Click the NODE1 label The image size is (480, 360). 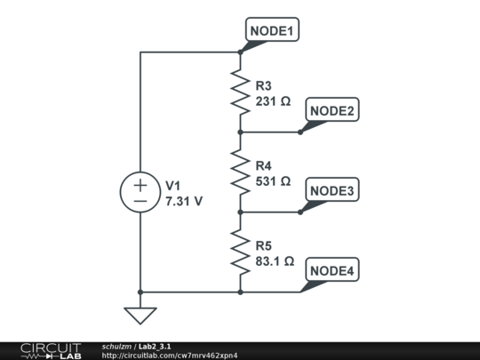tap(273, 31)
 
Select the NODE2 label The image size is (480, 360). tap(332, 111)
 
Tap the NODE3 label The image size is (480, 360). tap(332, 191)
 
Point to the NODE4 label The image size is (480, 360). tap(332, 271)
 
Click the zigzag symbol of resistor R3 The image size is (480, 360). tap(240, 92)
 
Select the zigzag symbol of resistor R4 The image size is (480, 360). tap(240, 172)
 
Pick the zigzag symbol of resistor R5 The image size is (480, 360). tap(240, 252)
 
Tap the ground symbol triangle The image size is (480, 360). tap(140, 315)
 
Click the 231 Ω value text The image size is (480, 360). tap(273, 101)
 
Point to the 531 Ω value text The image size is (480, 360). tap(273, 181)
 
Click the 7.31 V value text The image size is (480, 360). tap(184, 201)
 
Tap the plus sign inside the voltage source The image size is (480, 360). tap(140, 185)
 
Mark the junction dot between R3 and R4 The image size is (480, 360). tap(240, 132)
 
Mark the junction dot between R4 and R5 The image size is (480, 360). tap(240, 212)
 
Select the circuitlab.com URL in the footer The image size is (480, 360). tap(170, 356)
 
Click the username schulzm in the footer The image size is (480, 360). tap(116, 346)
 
